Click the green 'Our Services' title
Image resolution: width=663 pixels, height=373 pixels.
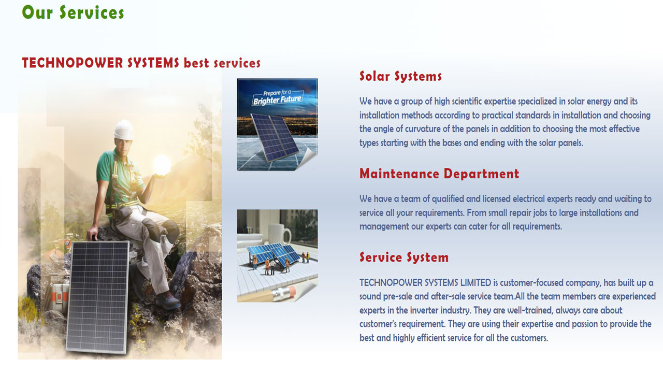coord(73,12)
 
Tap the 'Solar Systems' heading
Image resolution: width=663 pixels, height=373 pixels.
coord(400,76)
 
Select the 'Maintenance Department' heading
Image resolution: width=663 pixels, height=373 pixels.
coord(439,174)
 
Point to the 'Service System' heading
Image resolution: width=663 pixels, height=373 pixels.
coord(404,257)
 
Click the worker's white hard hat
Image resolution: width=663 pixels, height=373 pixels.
coord(124,130)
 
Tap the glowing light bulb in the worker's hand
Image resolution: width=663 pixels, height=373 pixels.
coord(162,165)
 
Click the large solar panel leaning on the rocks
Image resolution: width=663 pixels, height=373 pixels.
coord(98,297)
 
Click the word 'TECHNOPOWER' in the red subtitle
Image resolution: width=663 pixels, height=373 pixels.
coord(73,63)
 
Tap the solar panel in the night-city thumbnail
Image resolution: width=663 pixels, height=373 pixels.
coord(274,137)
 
